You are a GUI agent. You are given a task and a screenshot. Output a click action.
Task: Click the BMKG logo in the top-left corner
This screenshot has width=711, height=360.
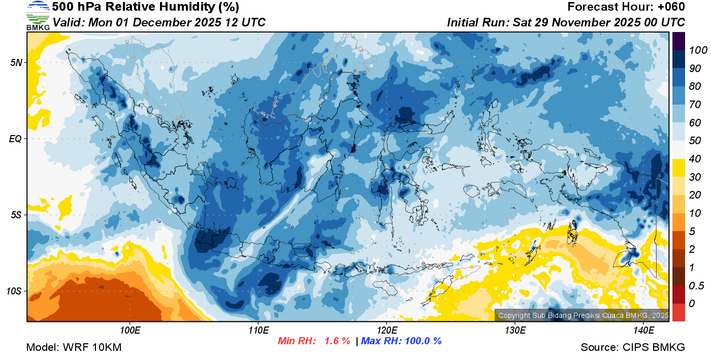click(x=38, y=16)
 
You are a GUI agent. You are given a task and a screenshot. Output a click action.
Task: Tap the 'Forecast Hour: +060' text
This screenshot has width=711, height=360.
click(x=626, y=7)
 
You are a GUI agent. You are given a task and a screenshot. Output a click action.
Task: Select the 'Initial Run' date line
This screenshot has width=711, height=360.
click(x=566, y=23)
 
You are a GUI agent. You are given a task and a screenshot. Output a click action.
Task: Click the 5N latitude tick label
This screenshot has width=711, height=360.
click(x=15, y=62)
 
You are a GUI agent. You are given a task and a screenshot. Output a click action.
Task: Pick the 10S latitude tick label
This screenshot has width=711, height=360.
click(x=14, y=291)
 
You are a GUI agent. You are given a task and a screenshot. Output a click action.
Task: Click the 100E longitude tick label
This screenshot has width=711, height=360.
click(x=130, y=331)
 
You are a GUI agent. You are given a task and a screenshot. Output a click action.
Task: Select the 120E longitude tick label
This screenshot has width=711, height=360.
click(x=386, y=331)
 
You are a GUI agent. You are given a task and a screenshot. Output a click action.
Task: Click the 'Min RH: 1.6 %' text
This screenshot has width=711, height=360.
click(x=314, y=341)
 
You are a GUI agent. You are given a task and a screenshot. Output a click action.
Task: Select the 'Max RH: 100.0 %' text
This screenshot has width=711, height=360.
click(x=401, y=341)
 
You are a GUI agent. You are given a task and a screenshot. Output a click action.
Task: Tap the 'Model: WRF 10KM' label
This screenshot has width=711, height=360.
click(x=74, y=348)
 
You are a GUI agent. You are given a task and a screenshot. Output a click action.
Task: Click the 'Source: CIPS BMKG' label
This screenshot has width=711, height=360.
click(x=633, y=348)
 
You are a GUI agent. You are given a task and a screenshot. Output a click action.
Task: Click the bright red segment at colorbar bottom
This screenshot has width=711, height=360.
click(x=679, y=312)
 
